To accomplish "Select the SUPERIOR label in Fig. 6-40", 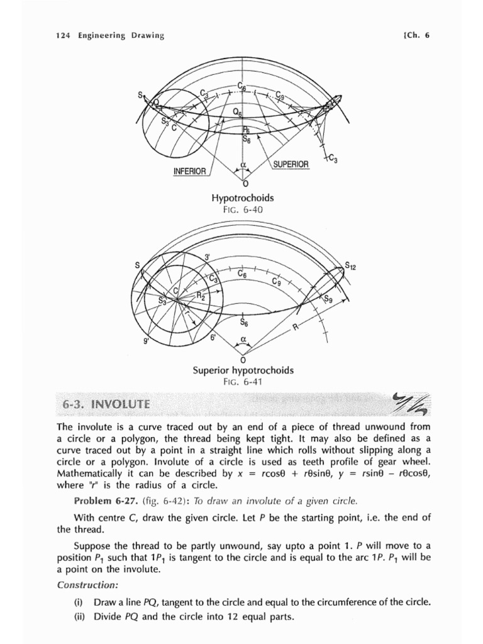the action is pos(291,164).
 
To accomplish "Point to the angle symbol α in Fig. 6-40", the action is pos(242,166).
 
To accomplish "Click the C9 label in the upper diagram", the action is pos(280,95).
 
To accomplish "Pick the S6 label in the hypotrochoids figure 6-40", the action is pos(247,140).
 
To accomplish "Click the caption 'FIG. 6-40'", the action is pos(242,210).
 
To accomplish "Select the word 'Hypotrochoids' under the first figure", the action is pos(243,199).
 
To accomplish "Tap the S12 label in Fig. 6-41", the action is pos(351,267).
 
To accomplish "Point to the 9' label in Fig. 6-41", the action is pos(147,343).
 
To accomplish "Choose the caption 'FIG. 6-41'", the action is pos(243,381).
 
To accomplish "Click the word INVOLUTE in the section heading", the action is pos(121,404).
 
